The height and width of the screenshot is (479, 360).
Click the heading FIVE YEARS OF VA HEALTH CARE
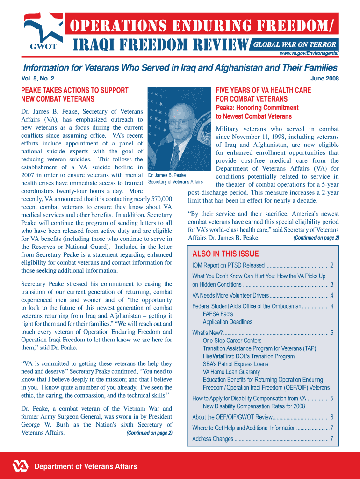pos(263,90)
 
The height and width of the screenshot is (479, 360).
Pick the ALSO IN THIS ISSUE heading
pos(225,254)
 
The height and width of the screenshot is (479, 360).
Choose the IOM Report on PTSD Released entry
pos(228,266)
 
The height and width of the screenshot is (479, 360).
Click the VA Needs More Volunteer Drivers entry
pos(230,295)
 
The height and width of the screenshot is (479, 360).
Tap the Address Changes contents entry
pos(213,439)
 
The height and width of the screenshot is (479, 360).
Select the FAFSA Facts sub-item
pos(218,314)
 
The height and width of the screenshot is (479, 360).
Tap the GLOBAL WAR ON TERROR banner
pos(295,45)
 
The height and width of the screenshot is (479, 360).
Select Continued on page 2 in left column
pos(149,433)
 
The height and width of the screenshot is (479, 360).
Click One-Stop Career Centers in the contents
pos(232,341)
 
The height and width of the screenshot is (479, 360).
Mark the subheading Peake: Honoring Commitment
pos(257,108)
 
